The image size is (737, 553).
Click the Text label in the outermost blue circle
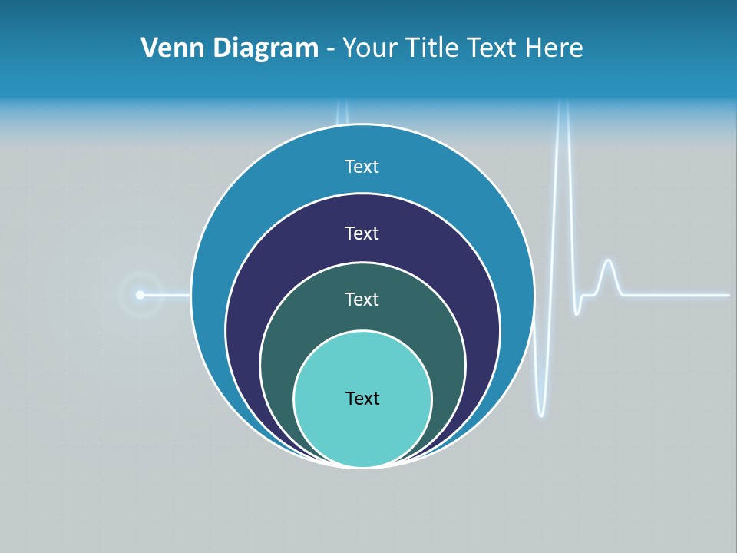(362, 167)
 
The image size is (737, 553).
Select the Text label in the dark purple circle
(362, 233)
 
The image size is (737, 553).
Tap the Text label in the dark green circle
(362, 299)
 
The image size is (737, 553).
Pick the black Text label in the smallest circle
(362, 398)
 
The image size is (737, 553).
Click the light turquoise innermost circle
(362, 430)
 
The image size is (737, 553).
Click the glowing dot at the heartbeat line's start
(140, 294)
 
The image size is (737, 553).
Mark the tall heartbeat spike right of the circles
(563, 154)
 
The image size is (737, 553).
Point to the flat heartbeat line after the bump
(676, 294)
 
